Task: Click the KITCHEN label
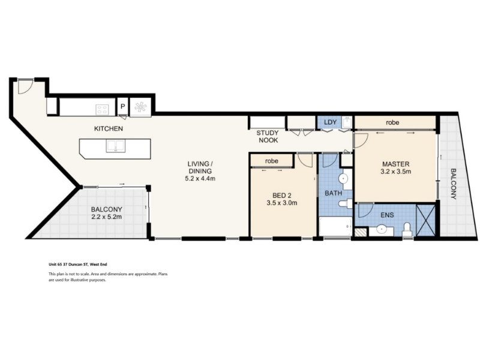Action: point(109,128)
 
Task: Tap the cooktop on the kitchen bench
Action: point(102,109)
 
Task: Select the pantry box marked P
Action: point(123,107)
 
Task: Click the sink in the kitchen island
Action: point(115,146)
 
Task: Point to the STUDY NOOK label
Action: point(268,137)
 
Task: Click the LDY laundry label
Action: point(330,122)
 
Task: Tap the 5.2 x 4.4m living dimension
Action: point(200,178)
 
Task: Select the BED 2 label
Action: point(282,196)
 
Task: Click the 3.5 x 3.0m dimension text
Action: point(282,203)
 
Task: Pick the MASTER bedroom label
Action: point(396,164)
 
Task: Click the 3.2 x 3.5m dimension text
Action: point(396,172)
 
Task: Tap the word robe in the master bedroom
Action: point(392,122)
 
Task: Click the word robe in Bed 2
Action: point(272,161)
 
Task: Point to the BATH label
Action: point(334,193)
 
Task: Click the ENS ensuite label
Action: point(387,215)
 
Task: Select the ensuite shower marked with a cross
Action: point(426,220)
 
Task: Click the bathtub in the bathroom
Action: point(335,227)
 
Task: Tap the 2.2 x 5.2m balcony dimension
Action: point(107,217)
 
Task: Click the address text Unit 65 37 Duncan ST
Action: point(68,265)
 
